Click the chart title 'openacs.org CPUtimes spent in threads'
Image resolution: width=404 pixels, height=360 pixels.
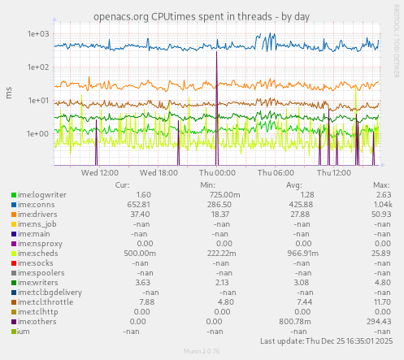202,15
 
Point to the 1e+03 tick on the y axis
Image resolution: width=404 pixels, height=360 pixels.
39,34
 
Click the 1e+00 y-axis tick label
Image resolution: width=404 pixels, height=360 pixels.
39,134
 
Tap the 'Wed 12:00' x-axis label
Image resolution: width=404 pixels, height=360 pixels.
101,172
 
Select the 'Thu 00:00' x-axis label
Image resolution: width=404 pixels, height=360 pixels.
217,172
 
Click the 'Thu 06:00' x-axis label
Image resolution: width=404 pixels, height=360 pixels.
276,172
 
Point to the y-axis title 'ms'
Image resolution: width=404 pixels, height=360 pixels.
9,94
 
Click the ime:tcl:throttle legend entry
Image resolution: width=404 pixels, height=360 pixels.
45,301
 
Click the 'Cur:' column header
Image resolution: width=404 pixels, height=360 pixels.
124,184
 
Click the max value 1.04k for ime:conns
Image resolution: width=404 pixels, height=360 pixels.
380,204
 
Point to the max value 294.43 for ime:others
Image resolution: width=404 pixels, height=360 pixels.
379,321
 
